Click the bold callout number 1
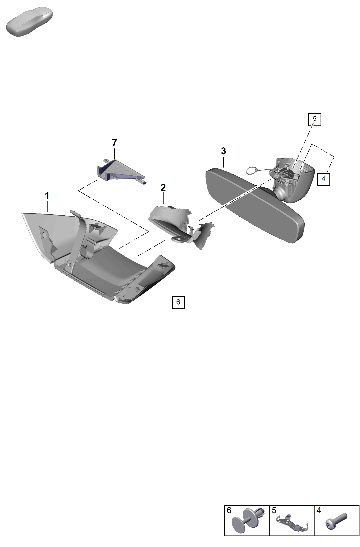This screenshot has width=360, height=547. pos(47,195)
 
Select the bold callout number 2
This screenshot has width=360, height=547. pos(163,188)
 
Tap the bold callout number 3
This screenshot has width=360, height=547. pos(223,151)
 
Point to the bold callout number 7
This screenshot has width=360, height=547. pos(114,143)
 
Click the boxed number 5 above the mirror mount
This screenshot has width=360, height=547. pos(315,120)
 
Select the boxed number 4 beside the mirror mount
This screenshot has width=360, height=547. pos(323,179)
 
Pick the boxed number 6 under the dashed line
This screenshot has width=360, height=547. pos(178,302)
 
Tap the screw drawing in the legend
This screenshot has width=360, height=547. pos(336,521)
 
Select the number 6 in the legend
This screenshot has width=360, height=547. pos(229,510)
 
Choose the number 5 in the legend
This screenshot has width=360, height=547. pos(274,510)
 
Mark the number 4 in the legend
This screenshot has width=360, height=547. pos(319,510)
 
